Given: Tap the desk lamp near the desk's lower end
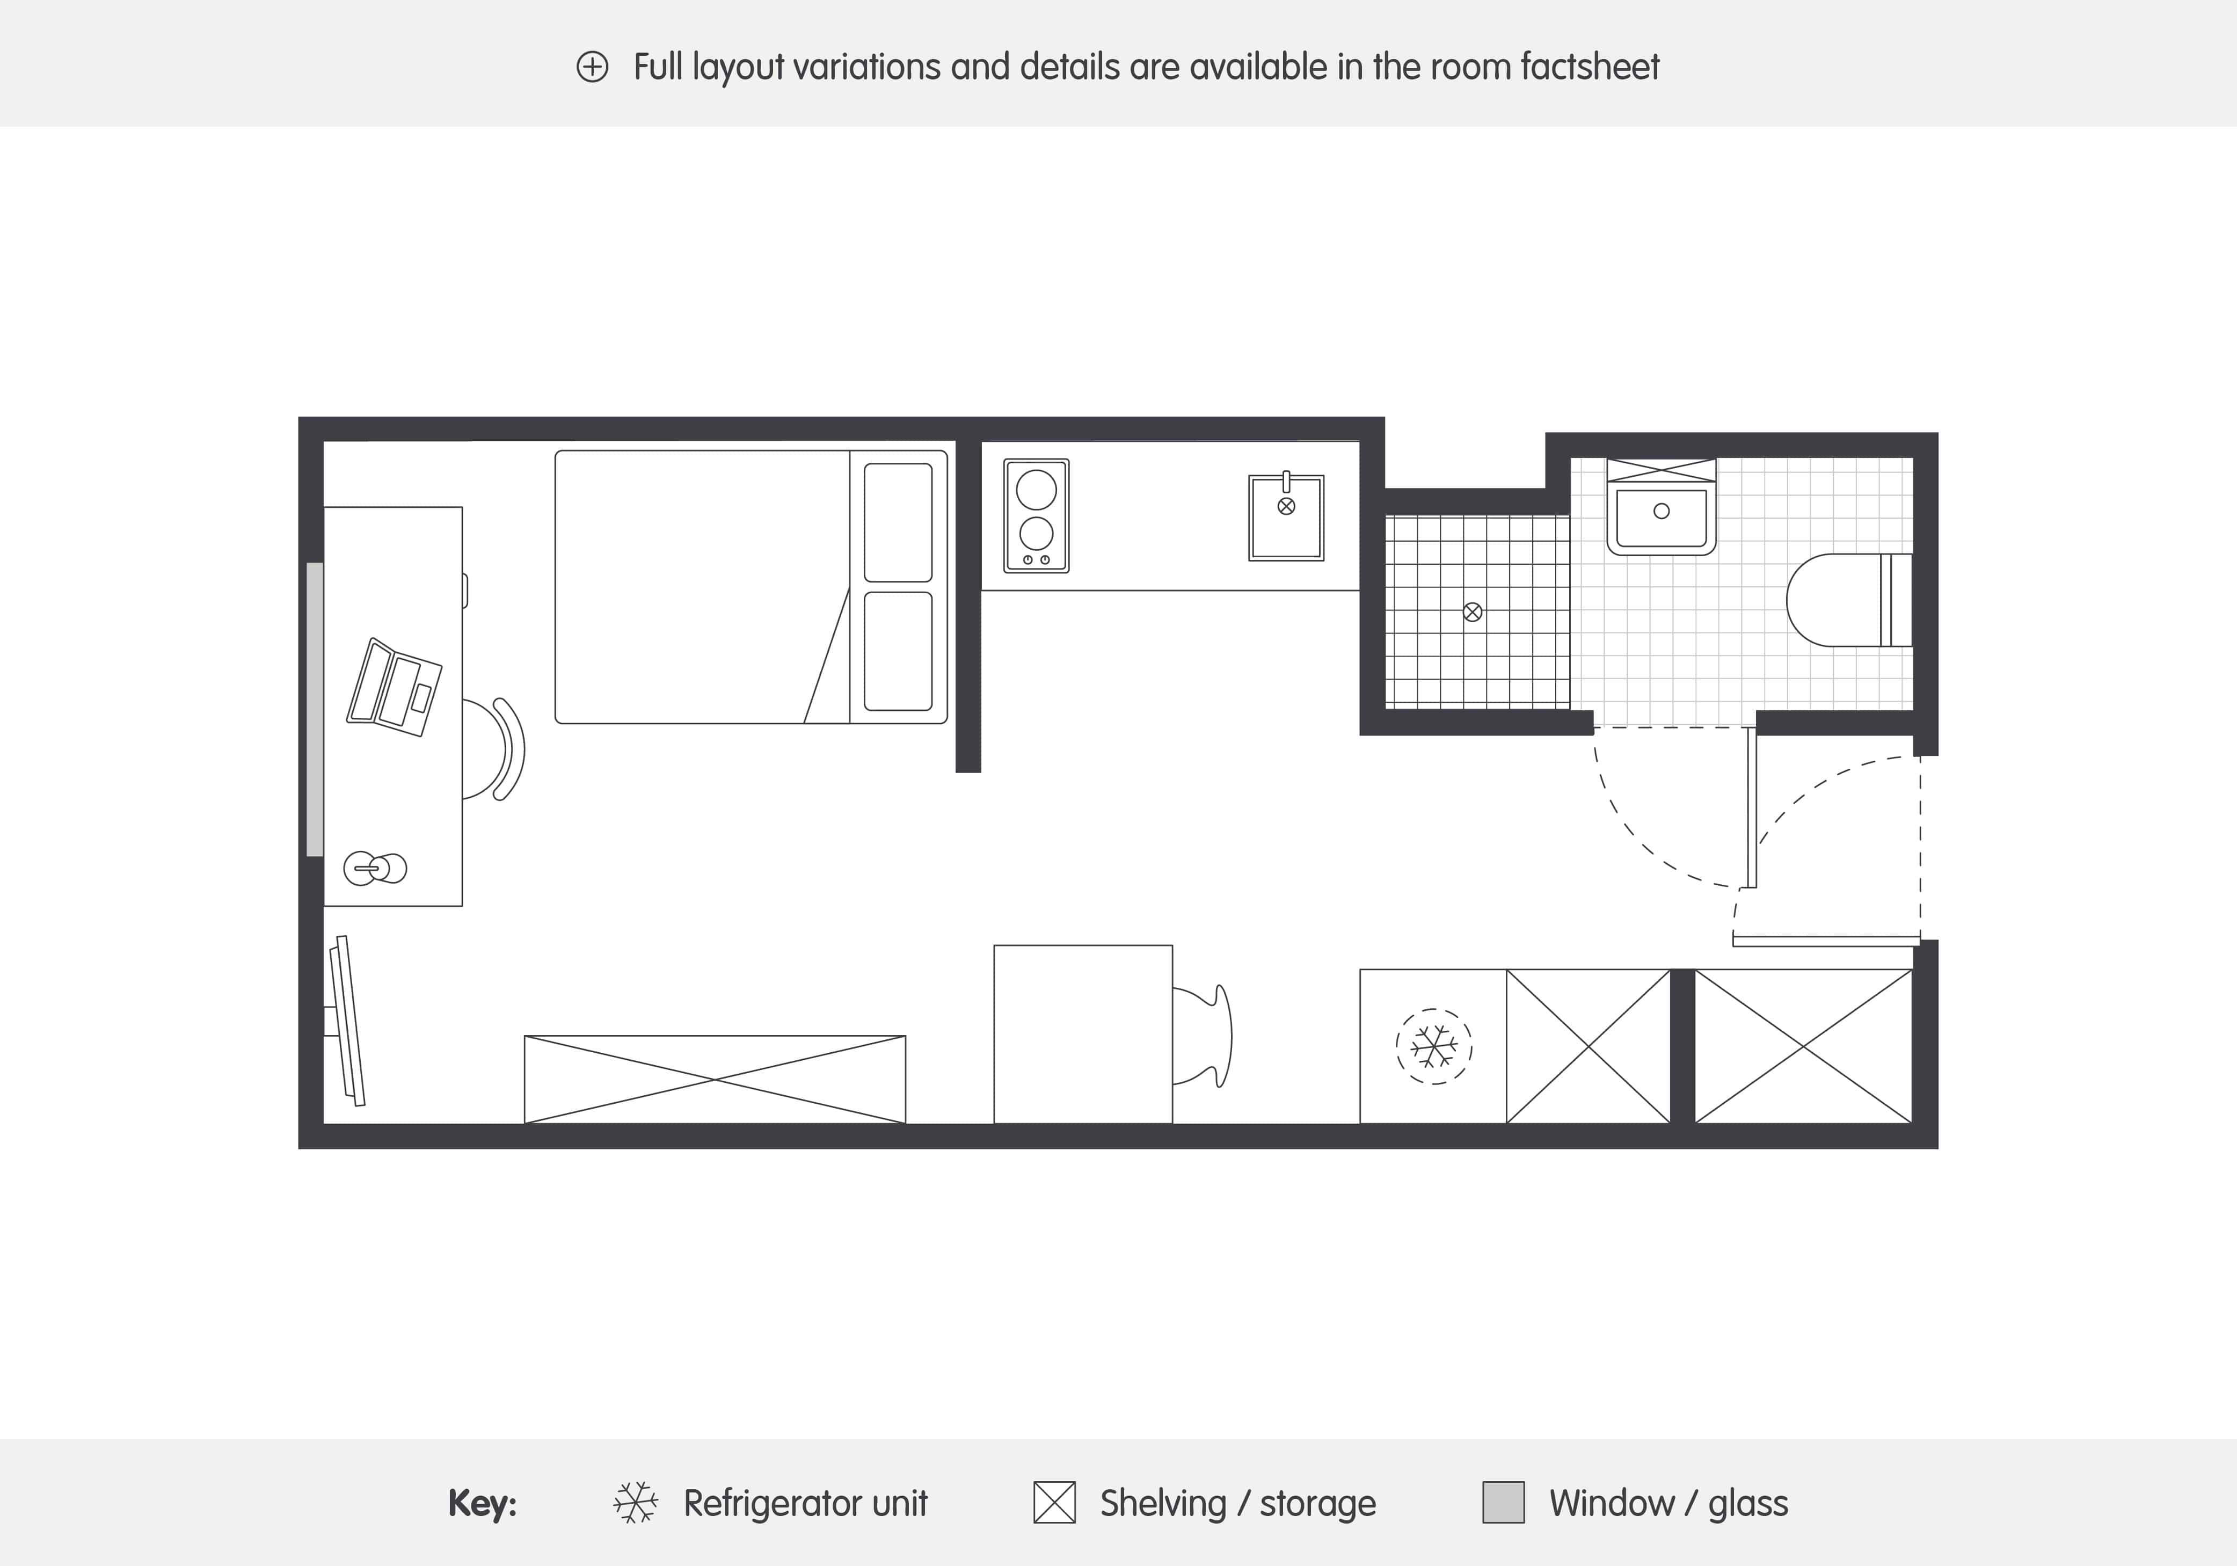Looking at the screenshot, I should pos(375,868).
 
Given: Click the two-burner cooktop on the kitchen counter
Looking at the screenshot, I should pos(1036,515).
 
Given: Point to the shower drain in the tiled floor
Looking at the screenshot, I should pos(1472,612).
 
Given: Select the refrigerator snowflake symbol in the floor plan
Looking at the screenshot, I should pos(1433,1046).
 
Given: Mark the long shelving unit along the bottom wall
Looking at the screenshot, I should pos(714,1079).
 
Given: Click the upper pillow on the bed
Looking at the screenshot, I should pos(898,522).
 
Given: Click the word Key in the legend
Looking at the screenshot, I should pos(482,1503).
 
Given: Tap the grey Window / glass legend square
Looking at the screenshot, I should pos(1503,1503).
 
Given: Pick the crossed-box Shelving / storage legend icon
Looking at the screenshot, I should pos(1054,1503).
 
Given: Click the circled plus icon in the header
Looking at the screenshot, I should pos(592,67).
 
